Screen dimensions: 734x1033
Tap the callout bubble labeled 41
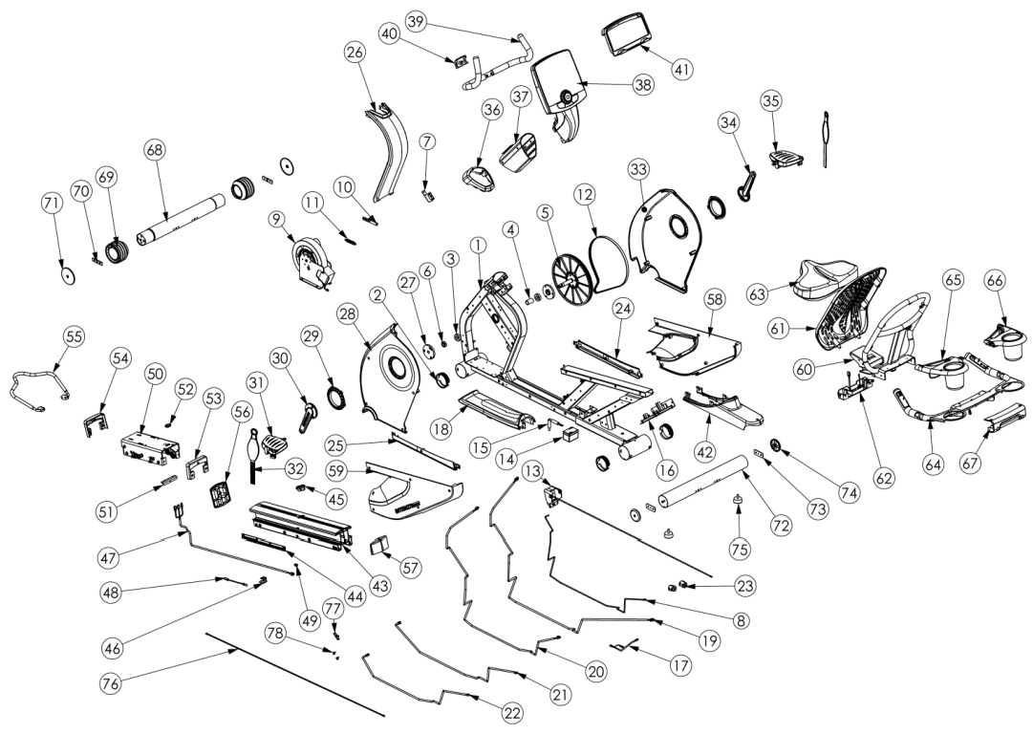click(682, 69)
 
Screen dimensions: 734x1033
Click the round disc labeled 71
click(68, 273)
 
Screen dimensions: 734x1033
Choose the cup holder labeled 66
click(1002, 335)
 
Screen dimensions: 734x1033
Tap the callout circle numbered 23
click(719, 585)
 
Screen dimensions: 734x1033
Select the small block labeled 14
click(571, 436)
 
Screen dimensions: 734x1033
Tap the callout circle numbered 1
click(477, 245)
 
